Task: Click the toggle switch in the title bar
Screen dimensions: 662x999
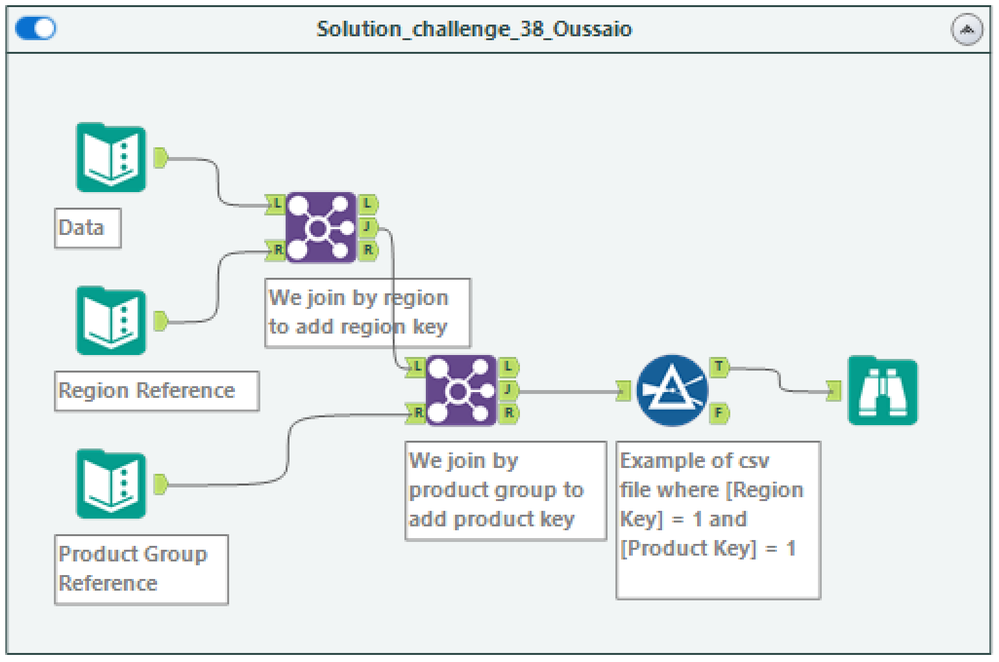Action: pos(36,29)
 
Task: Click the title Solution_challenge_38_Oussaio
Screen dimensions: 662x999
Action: pos(474,29)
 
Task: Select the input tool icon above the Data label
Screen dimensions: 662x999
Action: pos(111,158)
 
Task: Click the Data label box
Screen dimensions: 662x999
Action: pos(86,228)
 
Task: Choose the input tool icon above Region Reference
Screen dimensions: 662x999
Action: pos(111,321)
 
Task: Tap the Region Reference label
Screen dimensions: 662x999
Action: pos(157,391)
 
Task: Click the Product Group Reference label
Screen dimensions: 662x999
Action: pos(141,569)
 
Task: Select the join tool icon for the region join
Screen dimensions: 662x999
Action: pos(320,227)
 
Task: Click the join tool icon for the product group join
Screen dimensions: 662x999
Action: pos(461,390)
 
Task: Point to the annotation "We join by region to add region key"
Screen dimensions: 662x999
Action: pos(366,312)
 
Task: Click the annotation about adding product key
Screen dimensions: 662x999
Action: pos(505,490)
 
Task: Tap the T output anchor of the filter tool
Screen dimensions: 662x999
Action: pos(719,368)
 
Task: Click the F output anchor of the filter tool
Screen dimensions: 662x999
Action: pos(719,411)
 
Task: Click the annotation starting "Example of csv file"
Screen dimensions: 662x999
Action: pos(717,519)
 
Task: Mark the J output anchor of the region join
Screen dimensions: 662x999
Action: pos(368,226)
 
